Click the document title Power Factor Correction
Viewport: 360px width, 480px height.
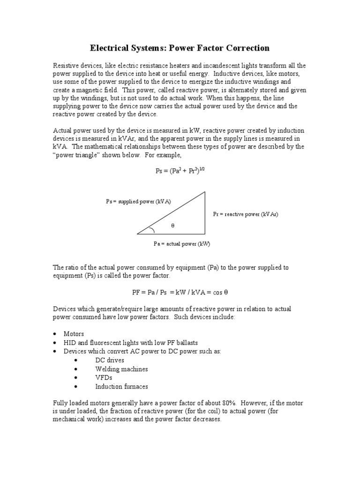point(180,48)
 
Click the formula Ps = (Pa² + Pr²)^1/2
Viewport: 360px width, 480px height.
point(180,171)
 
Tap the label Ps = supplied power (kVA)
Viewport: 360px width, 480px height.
point(138,202)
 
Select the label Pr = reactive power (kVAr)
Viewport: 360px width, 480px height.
point(245,214)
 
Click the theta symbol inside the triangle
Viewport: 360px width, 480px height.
point(172,226)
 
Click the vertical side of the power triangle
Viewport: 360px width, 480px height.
point(205,213)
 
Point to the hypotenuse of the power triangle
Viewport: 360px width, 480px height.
point(171,212)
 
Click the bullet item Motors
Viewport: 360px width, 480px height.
point(74,334)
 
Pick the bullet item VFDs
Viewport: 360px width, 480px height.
point(104,377)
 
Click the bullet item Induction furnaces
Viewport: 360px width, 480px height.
point(121,386)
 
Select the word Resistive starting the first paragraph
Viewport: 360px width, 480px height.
point(66,65)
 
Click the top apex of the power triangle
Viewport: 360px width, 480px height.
point(205,192)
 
